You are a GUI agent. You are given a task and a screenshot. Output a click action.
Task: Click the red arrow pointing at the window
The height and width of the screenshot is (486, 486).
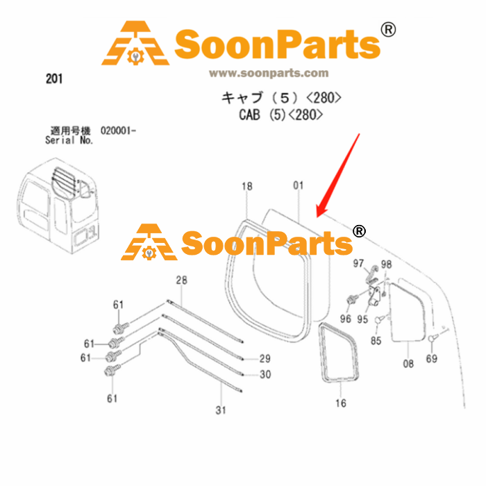click(338, 176)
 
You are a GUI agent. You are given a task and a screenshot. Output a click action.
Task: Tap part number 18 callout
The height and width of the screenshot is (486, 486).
click(247, 186)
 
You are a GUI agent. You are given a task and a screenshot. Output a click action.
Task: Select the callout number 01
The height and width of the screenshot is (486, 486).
click(298, 185)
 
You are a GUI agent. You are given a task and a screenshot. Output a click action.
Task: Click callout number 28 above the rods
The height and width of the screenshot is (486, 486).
click(182, 280)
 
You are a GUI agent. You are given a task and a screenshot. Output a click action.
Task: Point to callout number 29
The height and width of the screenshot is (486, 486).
click(265, 359)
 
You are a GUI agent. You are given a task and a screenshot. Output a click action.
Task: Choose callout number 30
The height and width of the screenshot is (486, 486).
click(265, 374)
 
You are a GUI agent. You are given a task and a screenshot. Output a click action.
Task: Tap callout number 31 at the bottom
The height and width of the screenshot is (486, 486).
click(221, 410)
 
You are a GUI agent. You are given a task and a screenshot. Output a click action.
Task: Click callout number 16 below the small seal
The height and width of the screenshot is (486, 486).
click(341, 403)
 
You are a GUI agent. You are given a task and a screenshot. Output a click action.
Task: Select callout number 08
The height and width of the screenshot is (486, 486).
click(408, 364)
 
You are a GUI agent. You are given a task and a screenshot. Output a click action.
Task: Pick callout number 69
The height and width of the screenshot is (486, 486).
click(431, 359)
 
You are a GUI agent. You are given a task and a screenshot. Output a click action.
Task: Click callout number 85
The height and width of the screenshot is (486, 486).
click(376, 341)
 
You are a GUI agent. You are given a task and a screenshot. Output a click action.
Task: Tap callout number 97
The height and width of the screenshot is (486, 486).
click(358, 263)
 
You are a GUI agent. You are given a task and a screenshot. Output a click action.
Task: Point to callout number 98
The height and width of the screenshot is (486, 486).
click(386, 265)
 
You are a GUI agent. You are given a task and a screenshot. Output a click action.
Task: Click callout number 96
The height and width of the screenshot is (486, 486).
click(346, 319)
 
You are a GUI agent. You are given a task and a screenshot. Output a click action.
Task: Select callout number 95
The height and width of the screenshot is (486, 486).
click(362, 319)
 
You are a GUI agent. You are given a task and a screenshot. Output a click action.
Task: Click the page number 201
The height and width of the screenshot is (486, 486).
click(54, 78)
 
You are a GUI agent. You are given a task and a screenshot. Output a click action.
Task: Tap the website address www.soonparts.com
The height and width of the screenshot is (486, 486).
click(269, 73)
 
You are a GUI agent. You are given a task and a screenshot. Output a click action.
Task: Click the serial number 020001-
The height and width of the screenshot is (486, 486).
click(118, 131)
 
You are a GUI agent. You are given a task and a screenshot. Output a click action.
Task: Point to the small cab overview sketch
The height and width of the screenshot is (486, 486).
click(58, 206)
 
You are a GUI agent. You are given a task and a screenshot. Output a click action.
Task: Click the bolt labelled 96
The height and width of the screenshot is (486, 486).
click(353, 299)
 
